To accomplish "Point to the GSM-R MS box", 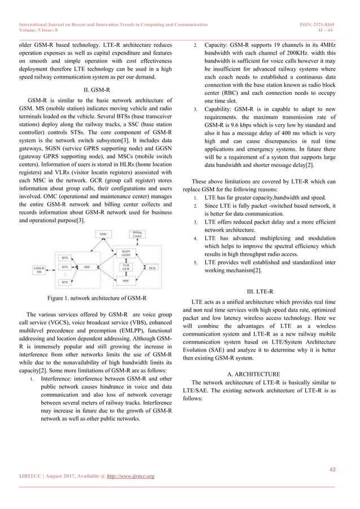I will [x=39, y=270].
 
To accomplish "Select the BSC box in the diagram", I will [x=87, y=267].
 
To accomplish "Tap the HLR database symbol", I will [x=152, y=267].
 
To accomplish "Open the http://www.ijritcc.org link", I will [x=131, y=477].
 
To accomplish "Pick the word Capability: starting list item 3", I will [x=221, y=108].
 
